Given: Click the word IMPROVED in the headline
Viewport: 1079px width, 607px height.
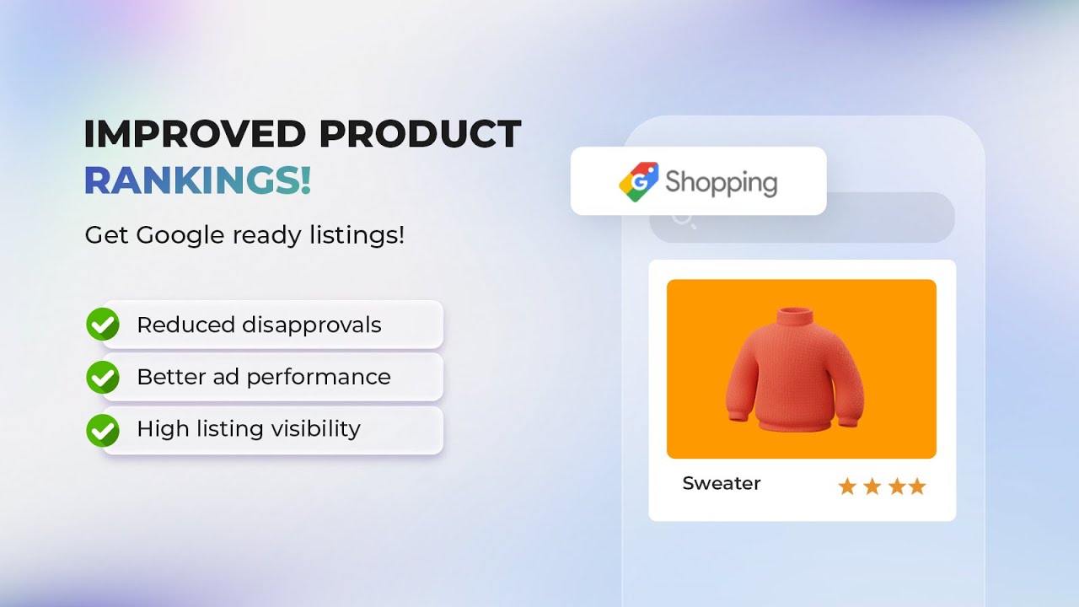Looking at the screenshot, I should point(196,134).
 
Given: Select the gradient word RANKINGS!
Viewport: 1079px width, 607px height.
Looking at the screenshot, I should point(198,181).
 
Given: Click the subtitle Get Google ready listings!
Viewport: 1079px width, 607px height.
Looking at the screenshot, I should point(244,235).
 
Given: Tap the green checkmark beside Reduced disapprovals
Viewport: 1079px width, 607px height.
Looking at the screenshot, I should point(103,325).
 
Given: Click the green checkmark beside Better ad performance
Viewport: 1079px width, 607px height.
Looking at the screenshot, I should point(103,377).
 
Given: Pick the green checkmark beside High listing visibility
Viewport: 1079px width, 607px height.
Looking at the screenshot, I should point(103,429).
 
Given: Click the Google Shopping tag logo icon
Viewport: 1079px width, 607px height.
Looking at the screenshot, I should point(638,181).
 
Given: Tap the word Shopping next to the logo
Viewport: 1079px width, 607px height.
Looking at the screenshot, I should point(721,182).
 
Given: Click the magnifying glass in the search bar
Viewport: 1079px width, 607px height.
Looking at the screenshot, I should point(683,219).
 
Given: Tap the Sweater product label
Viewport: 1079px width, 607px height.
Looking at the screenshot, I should point(722,484).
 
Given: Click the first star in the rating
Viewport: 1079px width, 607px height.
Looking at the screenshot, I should point(847,486).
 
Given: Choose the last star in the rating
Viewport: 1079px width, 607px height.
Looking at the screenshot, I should point(917,486).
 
